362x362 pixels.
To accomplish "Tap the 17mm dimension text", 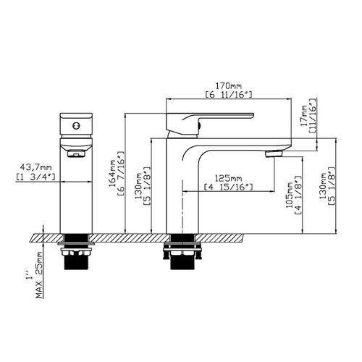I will pyautogui.click(x=303, y=114).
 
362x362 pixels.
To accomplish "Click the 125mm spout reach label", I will pyautogui.click(x=228, y=177).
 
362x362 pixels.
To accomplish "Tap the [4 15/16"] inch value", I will pyautogui.click(x=228, y=188).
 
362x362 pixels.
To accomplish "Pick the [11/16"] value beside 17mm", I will pyautogui.click(x=312, y=114).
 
